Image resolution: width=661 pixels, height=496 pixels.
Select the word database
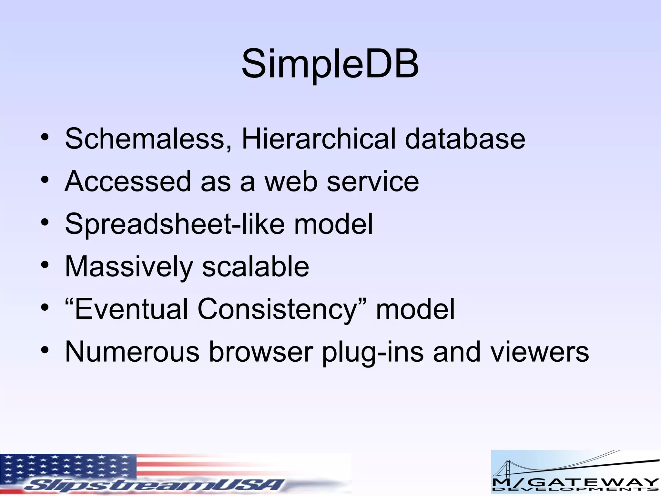pos(465,139)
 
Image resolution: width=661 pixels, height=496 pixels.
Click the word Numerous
pos(132,352)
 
